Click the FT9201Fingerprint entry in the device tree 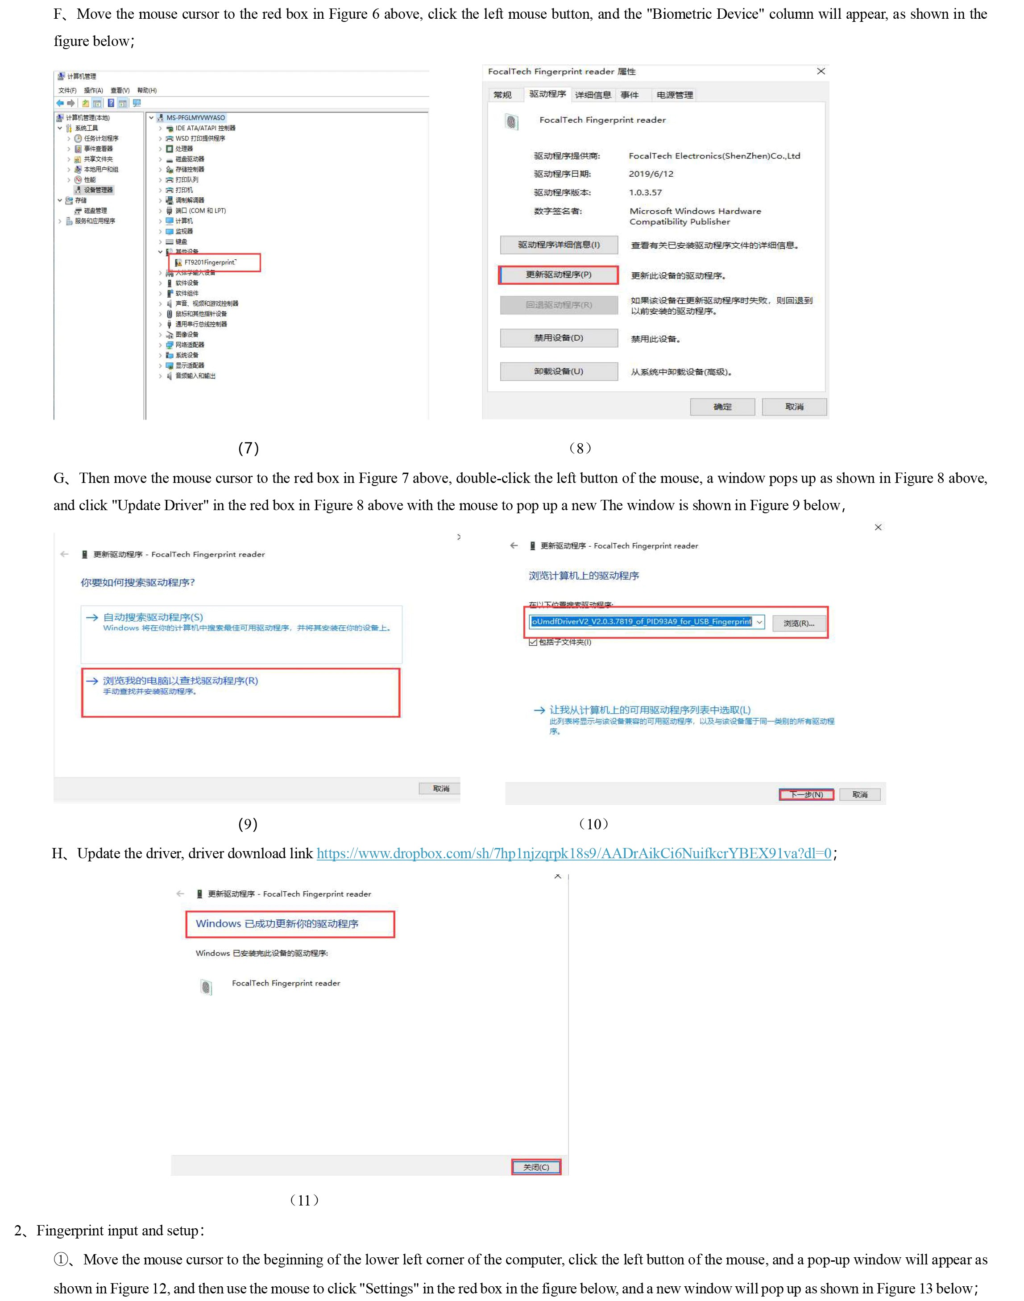click(210, 262)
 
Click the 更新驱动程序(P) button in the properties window click(558, 274)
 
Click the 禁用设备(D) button click(558, 338)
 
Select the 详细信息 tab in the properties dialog click(593, 95)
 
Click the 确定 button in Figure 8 click(722, 407)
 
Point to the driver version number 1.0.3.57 click(645, 192)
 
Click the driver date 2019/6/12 click(651, 174)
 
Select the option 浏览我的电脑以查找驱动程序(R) click(180, 681)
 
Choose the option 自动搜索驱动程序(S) click(153, 618)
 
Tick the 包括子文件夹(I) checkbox click(533, 642)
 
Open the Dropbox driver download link click(574, 853)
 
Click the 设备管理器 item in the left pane click(98, 190)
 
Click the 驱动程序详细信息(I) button click(558, 245)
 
